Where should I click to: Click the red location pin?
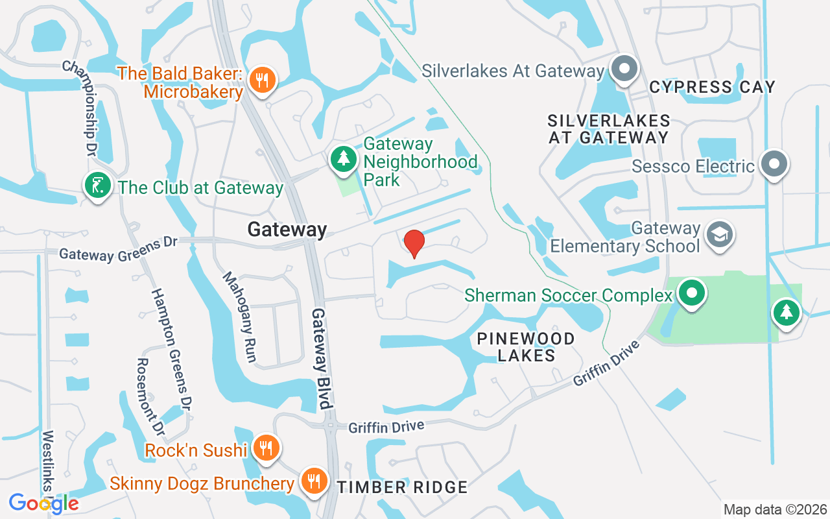pos(414,243)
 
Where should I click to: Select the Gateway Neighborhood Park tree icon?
pos(343,159)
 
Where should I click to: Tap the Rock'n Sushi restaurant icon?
pos(265,448)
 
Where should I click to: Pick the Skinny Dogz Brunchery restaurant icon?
pos(314,481)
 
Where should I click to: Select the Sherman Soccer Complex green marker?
pos(692,293)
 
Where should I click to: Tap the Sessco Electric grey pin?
pos(774,164)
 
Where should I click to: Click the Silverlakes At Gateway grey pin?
pos(624,69)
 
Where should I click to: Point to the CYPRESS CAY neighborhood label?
pos(712,87)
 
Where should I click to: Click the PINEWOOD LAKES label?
pos(526,347)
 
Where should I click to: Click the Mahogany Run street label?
pos(240,317)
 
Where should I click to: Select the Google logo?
pos(43,503)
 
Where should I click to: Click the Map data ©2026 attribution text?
pos(774,509)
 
